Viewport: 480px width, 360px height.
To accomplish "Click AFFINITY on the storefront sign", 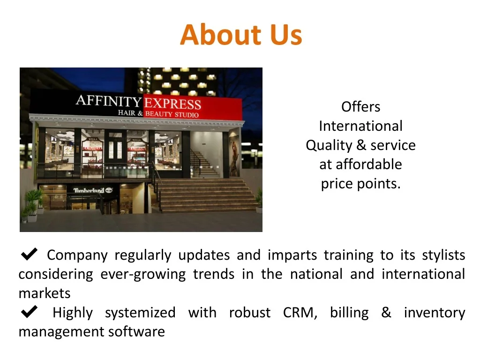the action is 108,100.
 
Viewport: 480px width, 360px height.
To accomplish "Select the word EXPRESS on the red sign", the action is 172,104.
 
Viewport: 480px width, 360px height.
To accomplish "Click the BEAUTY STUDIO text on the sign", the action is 172,114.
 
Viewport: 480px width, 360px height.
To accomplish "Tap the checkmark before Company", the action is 30,255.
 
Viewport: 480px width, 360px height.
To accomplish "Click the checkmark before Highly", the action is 30,312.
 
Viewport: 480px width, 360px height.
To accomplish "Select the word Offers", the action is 360,107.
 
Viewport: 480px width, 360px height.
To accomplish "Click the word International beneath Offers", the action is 360,126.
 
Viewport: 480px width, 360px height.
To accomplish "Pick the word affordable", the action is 368,165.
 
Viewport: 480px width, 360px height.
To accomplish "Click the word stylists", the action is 443,255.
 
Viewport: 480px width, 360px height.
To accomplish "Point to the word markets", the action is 45,293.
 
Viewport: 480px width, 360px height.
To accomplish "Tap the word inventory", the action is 435,313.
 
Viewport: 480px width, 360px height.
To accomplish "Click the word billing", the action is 349,313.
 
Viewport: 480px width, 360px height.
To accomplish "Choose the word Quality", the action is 329,145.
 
